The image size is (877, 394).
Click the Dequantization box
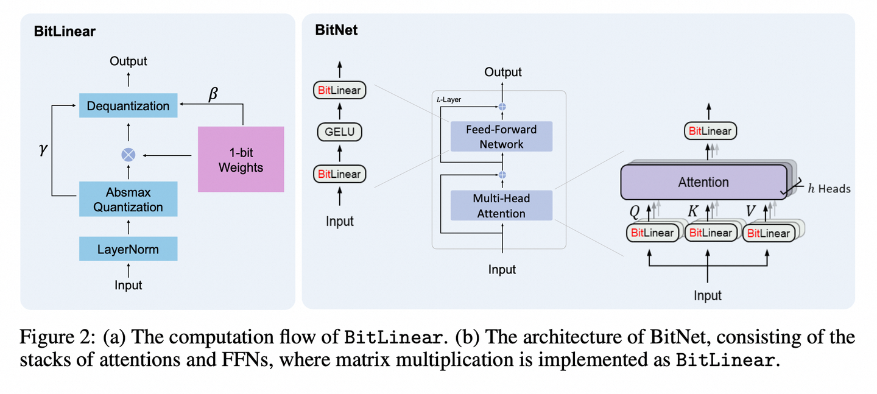click(x=128, y=106)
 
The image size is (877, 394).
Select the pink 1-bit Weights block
click(x=241, y=159)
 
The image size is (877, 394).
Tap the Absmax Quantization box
click(x=128, y=200)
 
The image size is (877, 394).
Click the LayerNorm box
click(x=128, y=249)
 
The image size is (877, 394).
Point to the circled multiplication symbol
click(x=128, y=155)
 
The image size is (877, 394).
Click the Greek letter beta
click(x=213, y=95)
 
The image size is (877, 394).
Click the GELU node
click(x=339, y=132)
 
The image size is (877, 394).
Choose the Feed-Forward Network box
click(x=501, y=136)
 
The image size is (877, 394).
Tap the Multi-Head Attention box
click(x=501, y=206)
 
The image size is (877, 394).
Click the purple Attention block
click(x=703, y=182)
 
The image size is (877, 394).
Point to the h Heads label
click(x=829, y=189)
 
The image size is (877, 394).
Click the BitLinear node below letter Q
click(x=652, y=233)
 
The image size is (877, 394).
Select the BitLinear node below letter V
click(x=768, y=233)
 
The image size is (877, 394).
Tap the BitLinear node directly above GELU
click(x=339, y=90)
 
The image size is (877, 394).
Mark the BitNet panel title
click(x=336, y=30)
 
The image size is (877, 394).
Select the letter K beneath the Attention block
click(x=692, y=210)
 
